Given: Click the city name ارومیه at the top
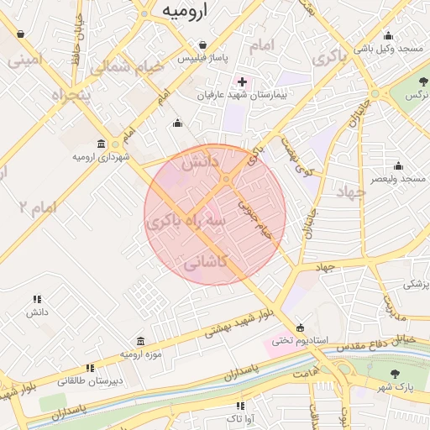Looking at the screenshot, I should pos(185,10).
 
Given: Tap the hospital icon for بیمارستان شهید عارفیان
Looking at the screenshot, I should pos(243,82).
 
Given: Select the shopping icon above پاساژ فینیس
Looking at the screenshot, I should pos(202,45).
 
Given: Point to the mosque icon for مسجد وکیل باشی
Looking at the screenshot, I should pos(388,36).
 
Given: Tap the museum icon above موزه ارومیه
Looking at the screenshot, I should pos(139,341).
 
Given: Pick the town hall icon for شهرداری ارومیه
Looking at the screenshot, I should pos(101,144).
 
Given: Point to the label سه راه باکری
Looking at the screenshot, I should pos(186,221).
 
